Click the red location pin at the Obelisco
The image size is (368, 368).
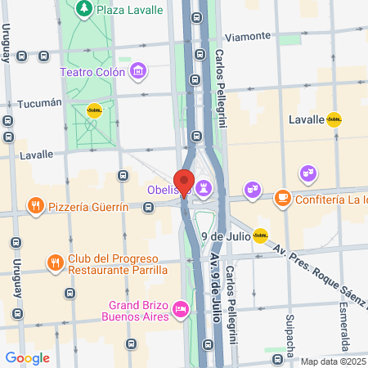(x=184, y=182)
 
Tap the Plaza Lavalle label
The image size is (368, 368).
(x=126, y=9)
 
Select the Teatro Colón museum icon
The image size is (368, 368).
(x=138, y=72)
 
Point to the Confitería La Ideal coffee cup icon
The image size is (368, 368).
(x=281, y=197)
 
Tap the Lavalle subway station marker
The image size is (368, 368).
(x=334, y=119)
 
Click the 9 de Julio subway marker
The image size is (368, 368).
(x=260, y=236)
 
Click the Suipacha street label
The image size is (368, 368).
(x=289, y=332)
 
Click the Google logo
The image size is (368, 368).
(x=27, y=357)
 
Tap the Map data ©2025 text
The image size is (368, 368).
(x=334, y=361)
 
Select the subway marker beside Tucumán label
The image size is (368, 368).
(x=94, y=111)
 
